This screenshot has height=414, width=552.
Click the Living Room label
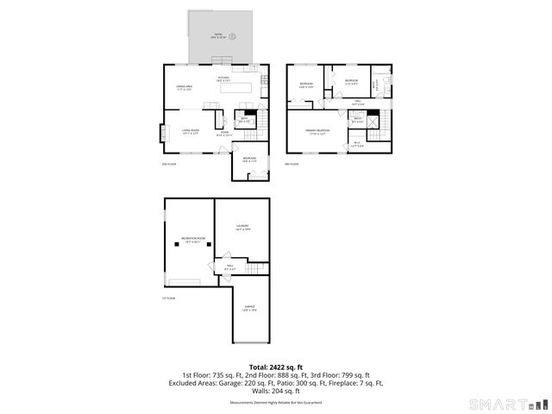[x=190, y=133]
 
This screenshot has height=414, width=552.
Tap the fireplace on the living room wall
[x=161, y=134]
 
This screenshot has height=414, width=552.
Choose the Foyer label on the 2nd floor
[x=223, y=134]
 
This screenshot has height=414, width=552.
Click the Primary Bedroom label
[x=317, y=131]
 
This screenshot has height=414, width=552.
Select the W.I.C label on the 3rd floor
[x=358, y=144]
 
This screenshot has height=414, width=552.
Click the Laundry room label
[x=242, y=228]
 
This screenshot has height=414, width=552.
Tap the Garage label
[x=248, y=308]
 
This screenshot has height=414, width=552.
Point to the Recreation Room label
[x=192, y=239]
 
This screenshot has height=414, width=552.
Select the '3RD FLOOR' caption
[x=292, y=164]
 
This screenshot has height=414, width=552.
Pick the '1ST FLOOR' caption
[x=168, y=298]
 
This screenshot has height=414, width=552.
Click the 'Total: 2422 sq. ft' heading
[x=275, y=367]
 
